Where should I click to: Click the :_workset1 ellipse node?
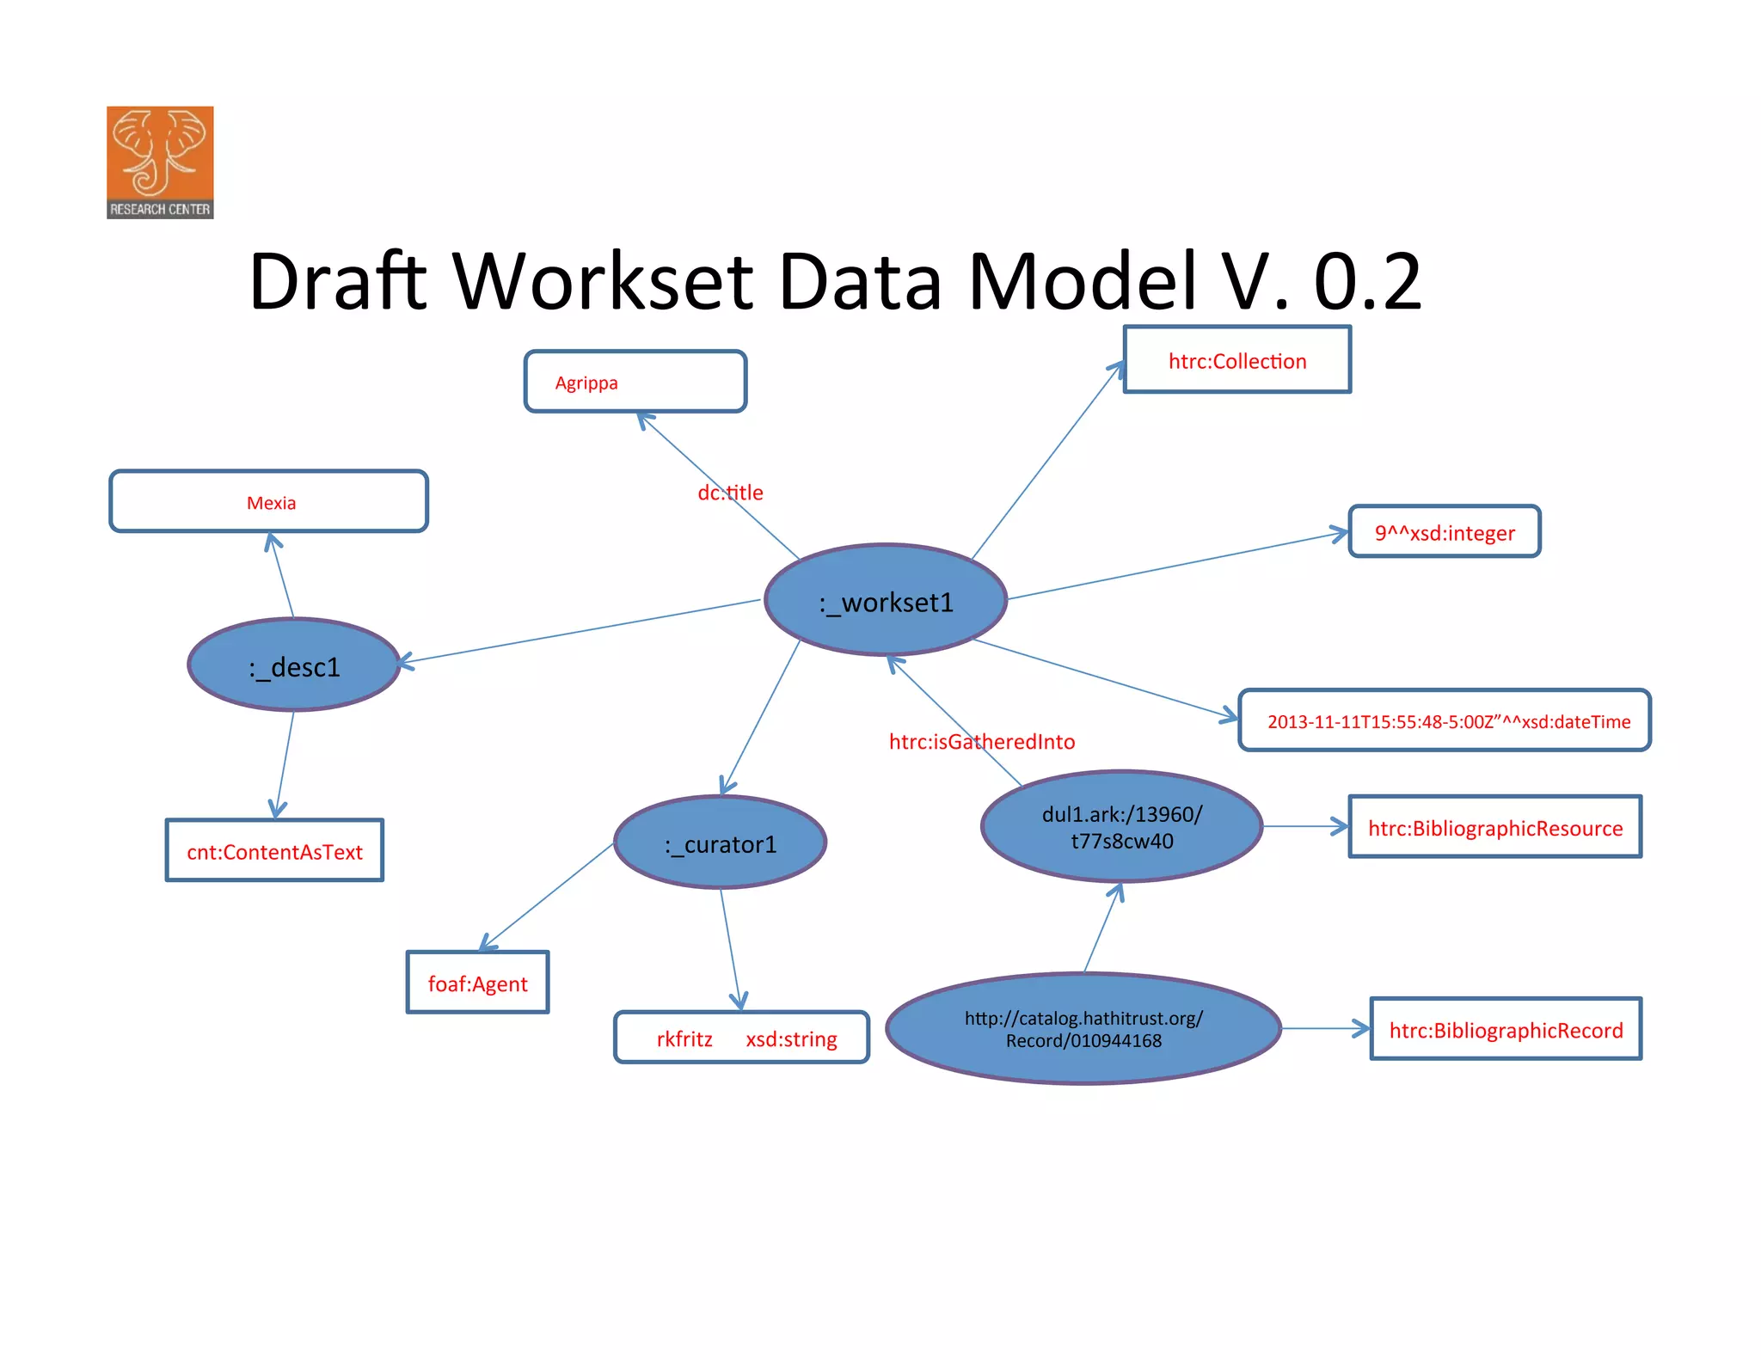886,600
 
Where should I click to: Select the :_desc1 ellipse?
294,665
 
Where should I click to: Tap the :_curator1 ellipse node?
721,842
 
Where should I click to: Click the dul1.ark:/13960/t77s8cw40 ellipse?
1121,827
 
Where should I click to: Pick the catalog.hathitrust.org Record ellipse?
1083,1029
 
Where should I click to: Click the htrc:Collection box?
1237,360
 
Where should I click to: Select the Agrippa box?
635,382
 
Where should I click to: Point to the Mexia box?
269,502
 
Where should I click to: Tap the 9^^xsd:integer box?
1445,532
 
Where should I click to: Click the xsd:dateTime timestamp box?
1445,720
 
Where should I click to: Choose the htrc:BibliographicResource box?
1495,827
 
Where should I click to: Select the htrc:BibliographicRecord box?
1506,1029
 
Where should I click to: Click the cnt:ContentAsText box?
274,851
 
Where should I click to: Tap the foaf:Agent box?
477,983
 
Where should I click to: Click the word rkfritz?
684,1038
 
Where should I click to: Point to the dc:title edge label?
730,493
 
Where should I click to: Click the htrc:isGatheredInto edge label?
981,741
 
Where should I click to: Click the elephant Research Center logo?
160,162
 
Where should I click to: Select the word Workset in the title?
604,281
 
